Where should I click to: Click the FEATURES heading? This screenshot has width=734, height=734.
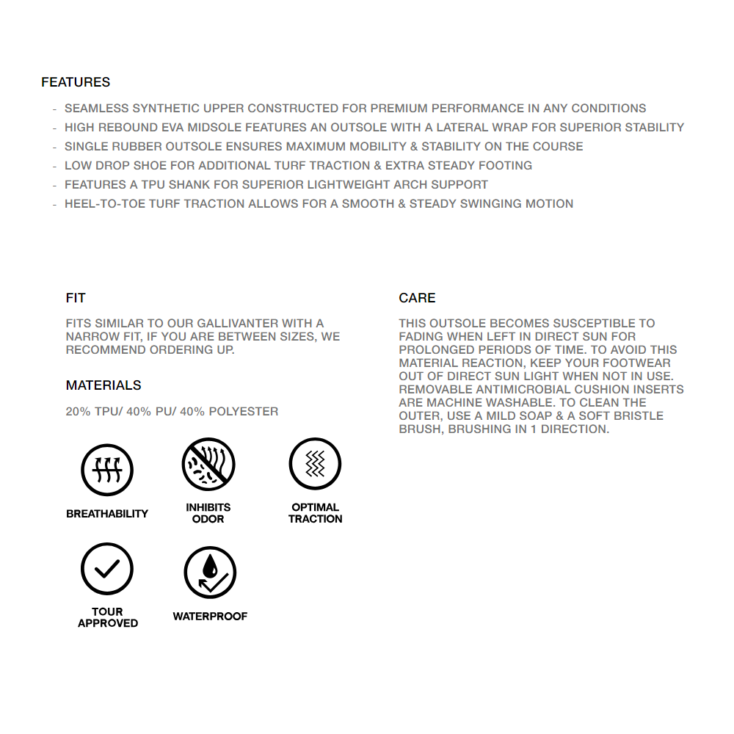coord(76,82)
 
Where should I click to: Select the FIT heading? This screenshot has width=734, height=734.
coord(76,298)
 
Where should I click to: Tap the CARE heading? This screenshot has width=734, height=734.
coord(417,298)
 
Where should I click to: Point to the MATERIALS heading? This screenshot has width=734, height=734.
coord(103,385)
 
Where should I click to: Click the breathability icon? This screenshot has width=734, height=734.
coord(107,469)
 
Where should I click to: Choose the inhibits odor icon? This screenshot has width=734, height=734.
coord(208,464)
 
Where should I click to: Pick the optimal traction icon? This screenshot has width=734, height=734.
coord(315,464)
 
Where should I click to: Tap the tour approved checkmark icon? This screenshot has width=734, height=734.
coord(107,569)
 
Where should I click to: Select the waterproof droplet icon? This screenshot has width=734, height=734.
coord(210,572)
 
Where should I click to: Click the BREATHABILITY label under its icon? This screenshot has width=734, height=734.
coord(107,514)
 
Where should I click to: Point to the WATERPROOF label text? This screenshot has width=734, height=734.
coord(210,617)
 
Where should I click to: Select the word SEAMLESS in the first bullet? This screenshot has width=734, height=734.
coord(96,109)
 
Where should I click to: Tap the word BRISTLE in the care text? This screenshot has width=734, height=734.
coord(639,416)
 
